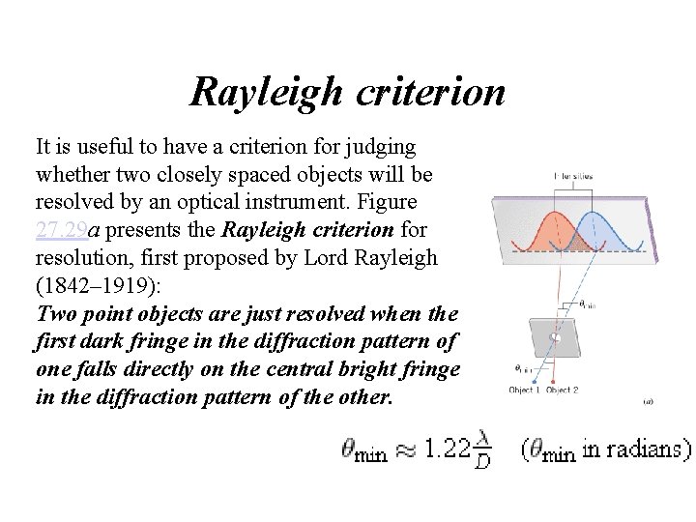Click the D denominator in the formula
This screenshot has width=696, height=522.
click(482, 464)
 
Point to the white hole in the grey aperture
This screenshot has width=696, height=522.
click(556, 337)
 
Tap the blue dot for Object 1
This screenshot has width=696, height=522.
click(536, 376)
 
